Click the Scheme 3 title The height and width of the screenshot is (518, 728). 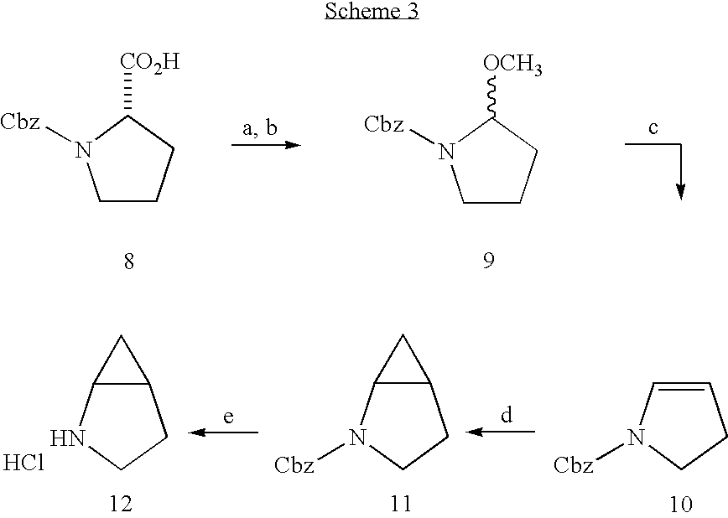(x=362, y=13)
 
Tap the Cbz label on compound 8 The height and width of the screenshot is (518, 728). (x=20, y=122)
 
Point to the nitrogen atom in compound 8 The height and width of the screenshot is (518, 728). (x=82, y=150)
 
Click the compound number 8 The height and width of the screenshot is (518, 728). (x=128, y=262)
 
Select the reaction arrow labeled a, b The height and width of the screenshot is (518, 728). (x=266, y=145)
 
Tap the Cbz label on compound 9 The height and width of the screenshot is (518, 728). (x=384, y=125)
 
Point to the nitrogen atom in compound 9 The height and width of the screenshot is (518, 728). (x=447, y=152)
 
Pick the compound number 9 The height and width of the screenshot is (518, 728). (x=488, y=262)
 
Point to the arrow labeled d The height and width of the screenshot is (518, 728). (x=501, y=432)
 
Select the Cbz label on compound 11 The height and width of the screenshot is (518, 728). (x=295, y=464)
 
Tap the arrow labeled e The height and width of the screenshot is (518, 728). (x=223, y=432)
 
